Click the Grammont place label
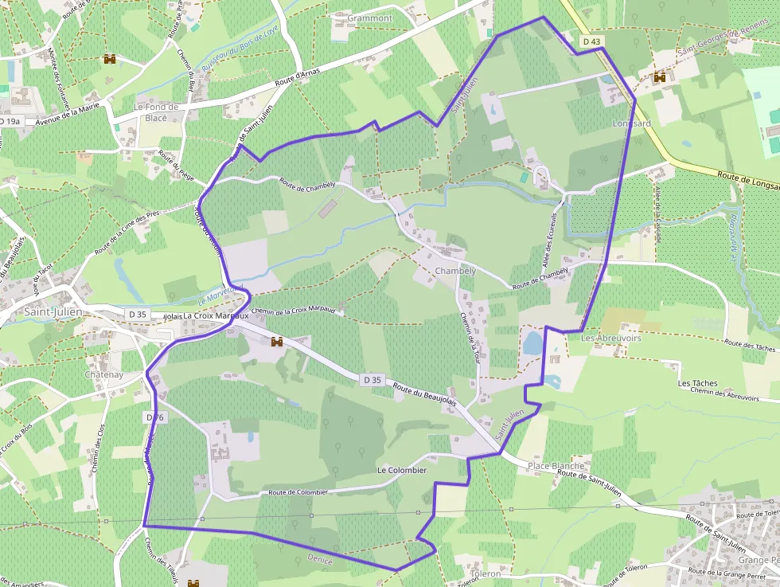(x=370, y=18)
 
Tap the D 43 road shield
(x=591, y=41)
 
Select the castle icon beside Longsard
(x=659, y=78)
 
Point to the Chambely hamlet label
(x=455, y=271)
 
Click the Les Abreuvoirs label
(x=611, y=339)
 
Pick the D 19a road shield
(x=10, y=121)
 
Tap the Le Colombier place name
(x=402, y=471)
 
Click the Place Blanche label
(x=556, y=466)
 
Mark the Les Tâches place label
(x=697, y=383)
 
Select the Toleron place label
(x=486, y=573)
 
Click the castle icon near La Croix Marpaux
(x=278, y=342)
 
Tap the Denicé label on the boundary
(x=319, y=559)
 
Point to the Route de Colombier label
(x=298, y=492)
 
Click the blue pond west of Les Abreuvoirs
(x=532, y=343)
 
